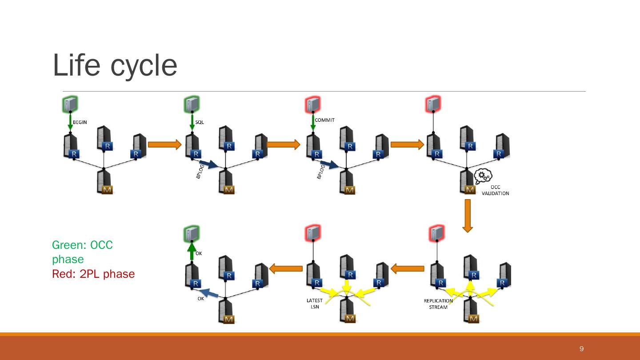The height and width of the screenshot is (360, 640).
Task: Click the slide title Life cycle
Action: (x=115, y=65)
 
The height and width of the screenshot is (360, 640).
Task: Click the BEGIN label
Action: (x=80, y=122)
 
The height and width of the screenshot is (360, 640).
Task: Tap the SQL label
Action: (x=200, y=122)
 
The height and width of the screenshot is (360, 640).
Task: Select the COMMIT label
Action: (x=324, y=120)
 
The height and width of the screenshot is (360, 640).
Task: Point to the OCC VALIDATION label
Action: (x=495, y=190)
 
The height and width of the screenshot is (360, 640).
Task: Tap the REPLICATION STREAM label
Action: (x=438, y=304)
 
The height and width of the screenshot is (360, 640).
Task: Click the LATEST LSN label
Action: (x=315, y=304)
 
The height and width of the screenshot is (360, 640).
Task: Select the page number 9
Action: (x=581, y=349)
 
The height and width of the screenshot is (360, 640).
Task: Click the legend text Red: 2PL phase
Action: (x=93, y=274)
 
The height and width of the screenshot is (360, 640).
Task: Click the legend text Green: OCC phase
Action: (x=82, y=252)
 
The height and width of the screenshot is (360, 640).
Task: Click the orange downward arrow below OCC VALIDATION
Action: (x=467, y=216)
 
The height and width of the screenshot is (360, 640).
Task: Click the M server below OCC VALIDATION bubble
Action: (x=467, y=182)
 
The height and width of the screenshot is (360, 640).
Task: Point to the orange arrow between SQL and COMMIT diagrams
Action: (x=284, y=144)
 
